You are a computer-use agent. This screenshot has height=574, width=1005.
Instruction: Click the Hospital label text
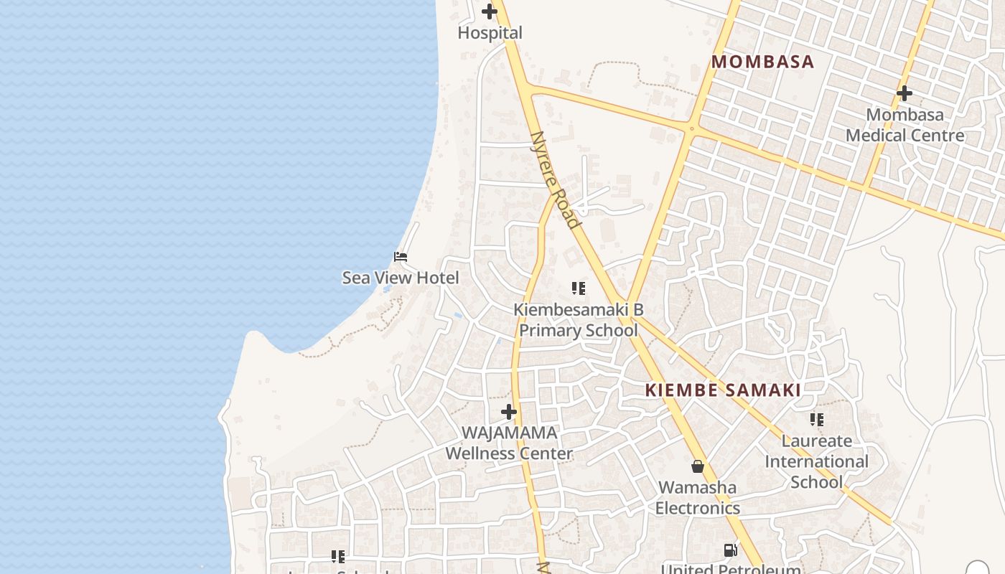(x=490, y=33)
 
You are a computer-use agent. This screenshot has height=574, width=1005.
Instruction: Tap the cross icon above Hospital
(x=490, y=11)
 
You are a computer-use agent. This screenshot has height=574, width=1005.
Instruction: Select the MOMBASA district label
(x=762, y=62)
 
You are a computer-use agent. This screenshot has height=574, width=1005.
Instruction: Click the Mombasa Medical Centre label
(x=904, y=125)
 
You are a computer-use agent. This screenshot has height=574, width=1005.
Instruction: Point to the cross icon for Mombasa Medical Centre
(x=904, y=93)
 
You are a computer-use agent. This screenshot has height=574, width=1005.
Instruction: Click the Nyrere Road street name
(x=554, y=179)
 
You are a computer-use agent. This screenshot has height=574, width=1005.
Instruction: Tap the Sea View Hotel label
(x=401, y=278)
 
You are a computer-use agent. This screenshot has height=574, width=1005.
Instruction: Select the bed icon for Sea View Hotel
(x=401, y=256)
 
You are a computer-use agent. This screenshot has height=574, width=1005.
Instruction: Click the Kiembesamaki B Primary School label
(x=578, y=320)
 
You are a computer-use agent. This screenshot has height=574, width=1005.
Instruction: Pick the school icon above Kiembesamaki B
(x=578, y=288)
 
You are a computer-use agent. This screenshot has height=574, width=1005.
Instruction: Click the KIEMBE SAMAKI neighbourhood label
(x=723, y=390)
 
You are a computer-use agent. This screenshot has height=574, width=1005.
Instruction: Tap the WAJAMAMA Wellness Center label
(x=509, y=443)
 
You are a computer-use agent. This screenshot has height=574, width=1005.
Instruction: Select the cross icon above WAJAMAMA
(x=509, y=412)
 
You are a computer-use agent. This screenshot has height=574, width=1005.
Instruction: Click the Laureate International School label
(x=816, y=461)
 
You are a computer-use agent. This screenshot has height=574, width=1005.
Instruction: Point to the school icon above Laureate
(x=816, y=419)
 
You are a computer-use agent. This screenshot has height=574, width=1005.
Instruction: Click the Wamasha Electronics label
(x=697, y=497)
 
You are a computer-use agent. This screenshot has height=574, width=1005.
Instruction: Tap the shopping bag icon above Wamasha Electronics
(x=697, y=467)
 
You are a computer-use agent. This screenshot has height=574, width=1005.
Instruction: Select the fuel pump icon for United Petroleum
(x=730, y=550)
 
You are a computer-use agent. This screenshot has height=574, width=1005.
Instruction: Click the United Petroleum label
(x=730, y=569)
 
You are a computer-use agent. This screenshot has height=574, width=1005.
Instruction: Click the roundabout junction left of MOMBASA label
(x=691, y=129)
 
